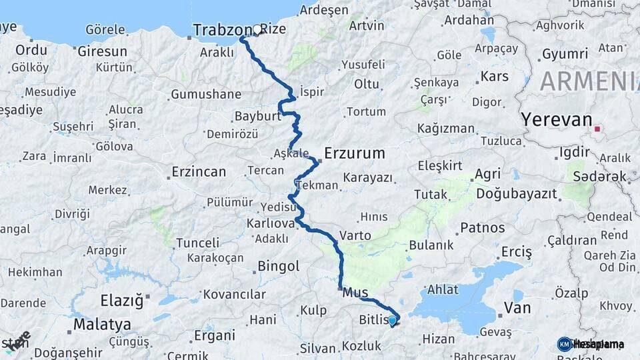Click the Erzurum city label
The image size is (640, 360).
tap(354, 153)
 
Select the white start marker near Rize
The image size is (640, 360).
tap(257, 29)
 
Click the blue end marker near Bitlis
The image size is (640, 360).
tap(392, 321)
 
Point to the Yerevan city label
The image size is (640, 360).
tap(556, 120)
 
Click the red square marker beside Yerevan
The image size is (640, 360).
tap(598, 129)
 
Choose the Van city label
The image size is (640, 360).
tap(517, 308)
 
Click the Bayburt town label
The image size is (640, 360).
tap(258, 116)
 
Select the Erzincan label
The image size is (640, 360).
tap(199, 172)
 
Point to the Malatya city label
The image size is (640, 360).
tap(102, 325)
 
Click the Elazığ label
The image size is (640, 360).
tap(121, 301)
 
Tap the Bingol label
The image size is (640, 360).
tap(278, 267)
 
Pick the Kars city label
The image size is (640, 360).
tap(494, 77)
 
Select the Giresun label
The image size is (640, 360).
tap(102, 51)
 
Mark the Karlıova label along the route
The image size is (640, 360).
tap(270, 223)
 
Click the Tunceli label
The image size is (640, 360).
tap(198, 243)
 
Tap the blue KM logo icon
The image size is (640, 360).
tap(564, 344)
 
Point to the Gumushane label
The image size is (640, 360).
tap(205, 95)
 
